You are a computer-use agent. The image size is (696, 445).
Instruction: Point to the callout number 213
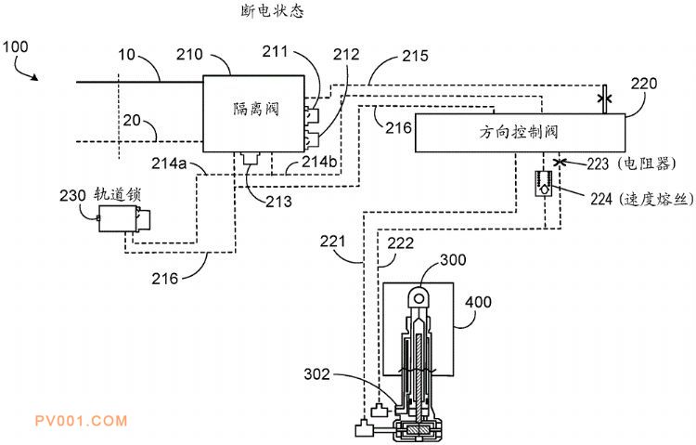tap(277, 201)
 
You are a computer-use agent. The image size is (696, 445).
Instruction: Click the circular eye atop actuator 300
tap(419, 297)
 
